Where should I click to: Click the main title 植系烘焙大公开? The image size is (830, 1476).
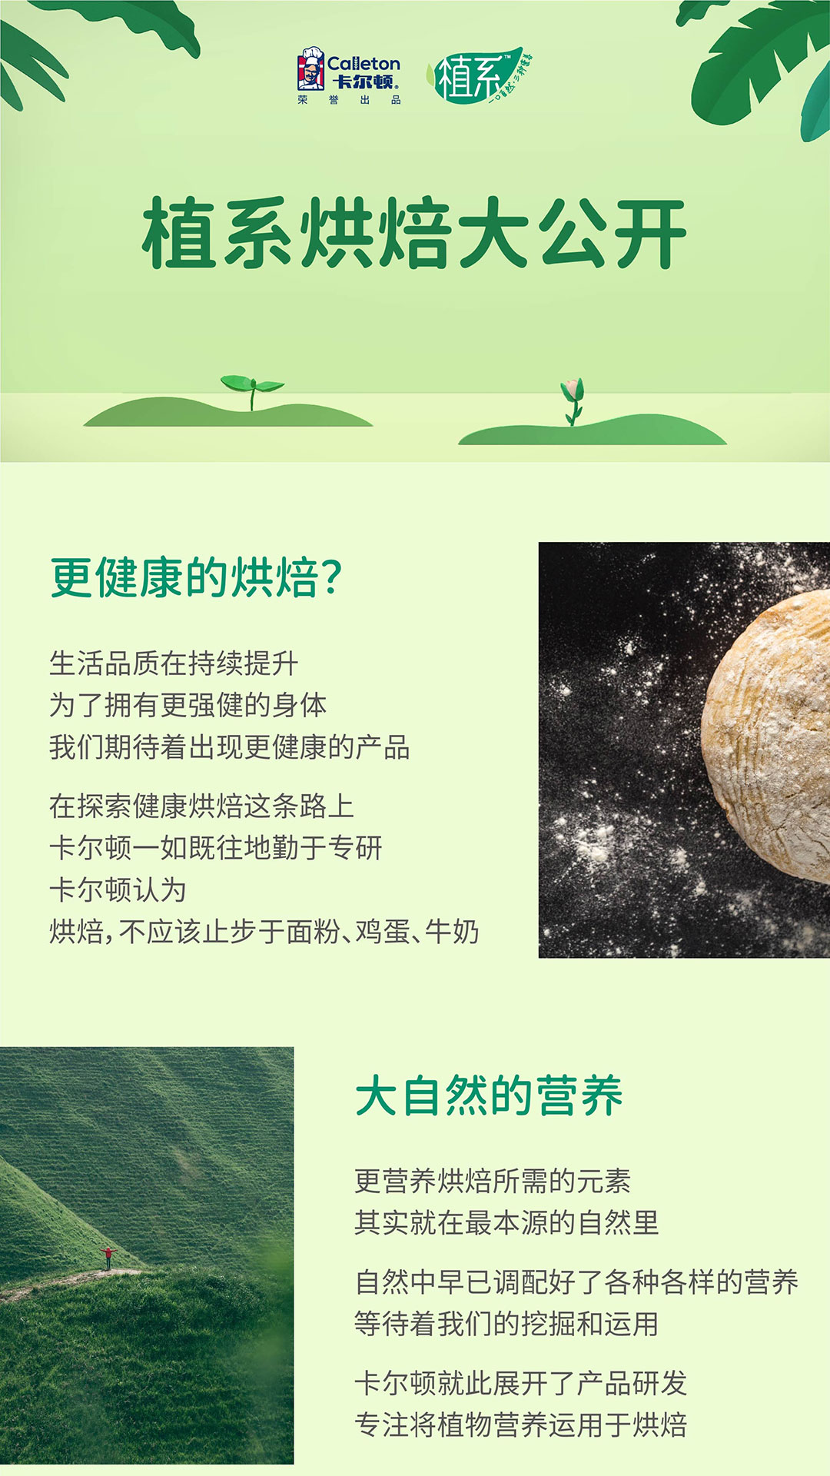click(x=414, y=234)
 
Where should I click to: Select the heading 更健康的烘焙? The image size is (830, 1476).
click(x=196, y=577)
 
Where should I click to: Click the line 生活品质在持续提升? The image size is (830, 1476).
click(x=174, y=663)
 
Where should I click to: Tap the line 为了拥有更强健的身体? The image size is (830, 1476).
click(x=188, y=705)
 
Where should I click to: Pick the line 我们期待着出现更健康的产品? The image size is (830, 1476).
click(x=230, y=747)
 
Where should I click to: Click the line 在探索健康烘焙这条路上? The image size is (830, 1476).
click(x=202, y=806)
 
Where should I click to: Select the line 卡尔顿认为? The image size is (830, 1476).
click(x=118, y=890)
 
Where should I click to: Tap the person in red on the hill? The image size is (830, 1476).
click(x=108, y=1258)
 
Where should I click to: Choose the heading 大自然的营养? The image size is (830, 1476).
click(x=489, y=1095)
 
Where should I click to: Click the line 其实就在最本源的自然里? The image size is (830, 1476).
click(x=506, y=1222)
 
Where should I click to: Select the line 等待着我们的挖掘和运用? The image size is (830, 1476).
click(x=506, y=1324)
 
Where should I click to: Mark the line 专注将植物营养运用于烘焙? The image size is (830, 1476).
click(x=520, y=1424)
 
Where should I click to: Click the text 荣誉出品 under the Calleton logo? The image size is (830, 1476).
click(x=349, y=101)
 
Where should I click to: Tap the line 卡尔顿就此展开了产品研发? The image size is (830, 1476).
click(x=520, y=1383)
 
